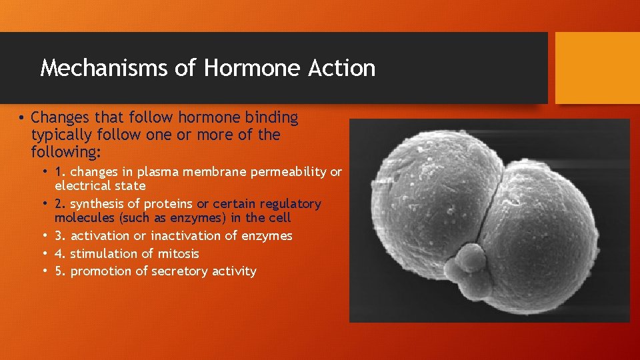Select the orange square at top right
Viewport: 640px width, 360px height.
597,68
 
